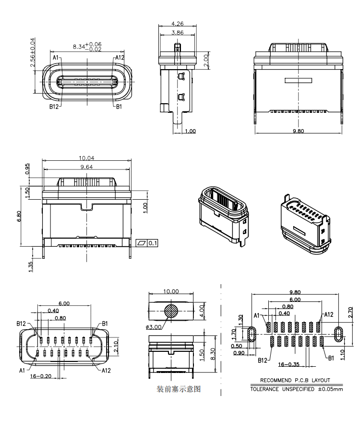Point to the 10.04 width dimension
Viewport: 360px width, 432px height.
coord(87,158)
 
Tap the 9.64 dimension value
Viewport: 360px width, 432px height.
coord(87,167)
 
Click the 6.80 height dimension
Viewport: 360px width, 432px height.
coord(19,216)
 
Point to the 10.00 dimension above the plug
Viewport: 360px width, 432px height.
coord(170,291)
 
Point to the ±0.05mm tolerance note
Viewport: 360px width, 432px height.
coord(330,389)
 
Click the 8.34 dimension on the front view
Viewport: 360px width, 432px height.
coord(79,47)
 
